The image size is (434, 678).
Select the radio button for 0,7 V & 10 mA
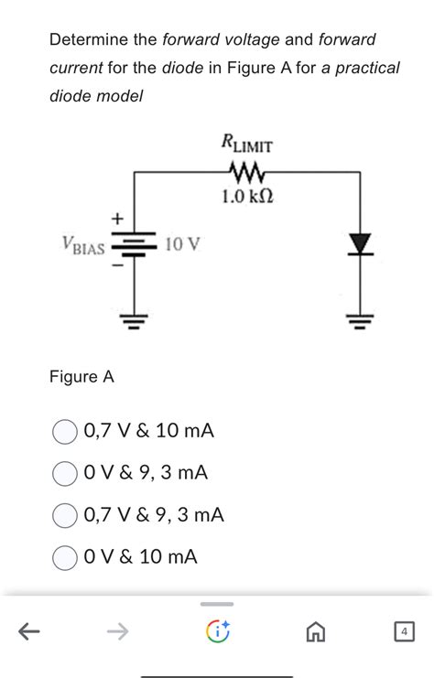64,431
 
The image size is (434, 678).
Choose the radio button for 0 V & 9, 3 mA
64,473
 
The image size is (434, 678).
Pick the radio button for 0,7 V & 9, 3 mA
64,515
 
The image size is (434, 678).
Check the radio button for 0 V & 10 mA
64,557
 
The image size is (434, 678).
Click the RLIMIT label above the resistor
245,143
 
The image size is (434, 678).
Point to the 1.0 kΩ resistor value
247,197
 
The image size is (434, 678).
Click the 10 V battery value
184,244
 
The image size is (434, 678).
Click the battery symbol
136,245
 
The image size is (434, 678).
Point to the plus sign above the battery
115,219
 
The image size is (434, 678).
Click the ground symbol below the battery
136,321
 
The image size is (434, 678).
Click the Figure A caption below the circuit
81,377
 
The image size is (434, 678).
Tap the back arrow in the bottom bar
29,630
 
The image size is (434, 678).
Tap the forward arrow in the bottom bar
116,630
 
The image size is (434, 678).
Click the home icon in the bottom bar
316,631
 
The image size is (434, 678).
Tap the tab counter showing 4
403,631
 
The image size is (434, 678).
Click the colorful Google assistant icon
216,631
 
